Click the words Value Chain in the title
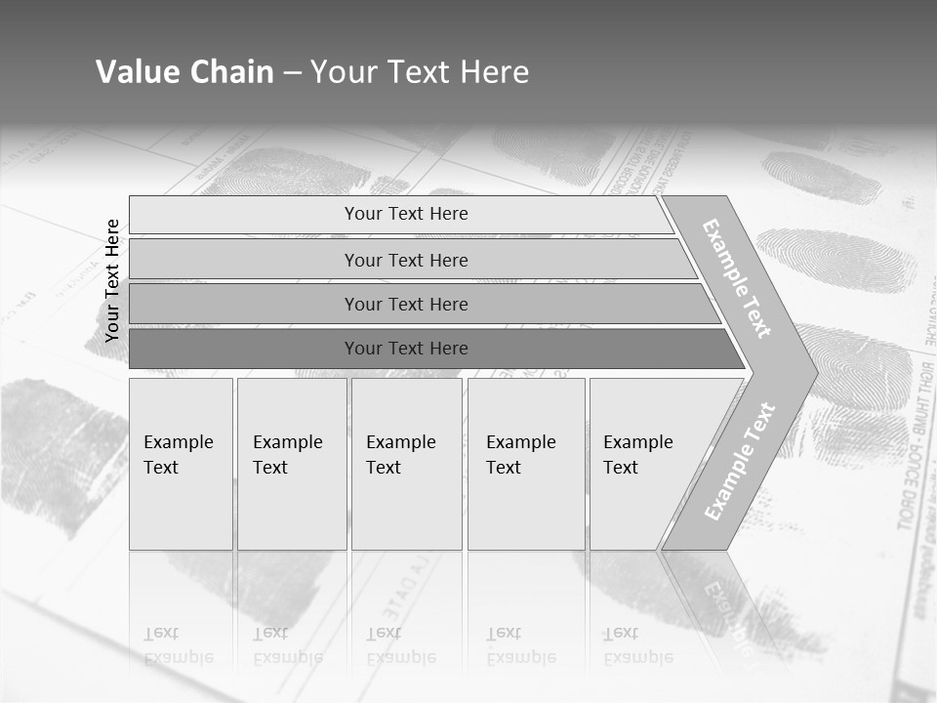click(184, 72)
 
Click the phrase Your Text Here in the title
click(420, 72)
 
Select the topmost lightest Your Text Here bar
click(405, 214)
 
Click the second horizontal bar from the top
click(405, 260)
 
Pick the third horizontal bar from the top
click(405, 304)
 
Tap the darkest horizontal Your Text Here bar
click(405, 349)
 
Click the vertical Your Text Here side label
click(112, 280)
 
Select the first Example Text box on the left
click(181, 464)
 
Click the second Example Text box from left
click(291, 464)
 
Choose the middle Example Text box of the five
click(406, 464)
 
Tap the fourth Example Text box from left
click(525, 464)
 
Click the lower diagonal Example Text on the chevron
click(740, 461)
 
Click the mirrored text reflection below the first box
click(178, 645)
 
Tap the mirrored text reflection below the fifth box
click(637, 645)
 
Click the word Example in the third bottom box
click(400, 442)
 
